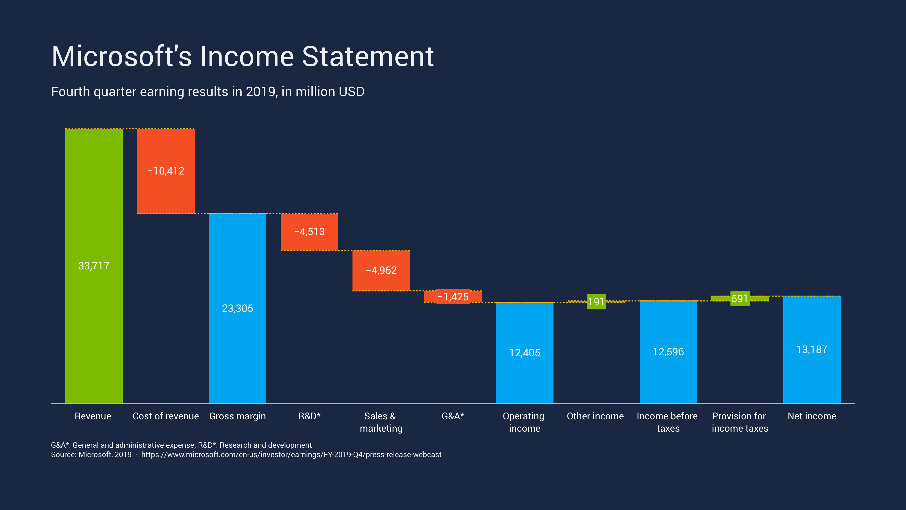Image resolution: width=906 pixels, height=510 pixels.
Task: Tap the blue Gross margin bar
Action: [237, 345]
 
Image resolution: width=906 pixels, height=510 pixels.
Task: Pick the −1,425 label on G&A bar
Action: [453, 297]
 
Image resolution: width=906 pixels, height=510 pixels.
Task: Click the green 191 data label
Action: [596, 302]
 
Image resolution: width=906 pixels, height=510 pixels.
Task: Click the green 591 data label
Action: [740, 298]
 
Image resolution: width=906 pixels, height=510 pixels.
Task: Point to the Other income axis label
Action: [595, 416]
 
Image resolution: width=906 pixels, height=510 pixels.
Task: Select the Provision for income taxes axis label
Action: [740, 422]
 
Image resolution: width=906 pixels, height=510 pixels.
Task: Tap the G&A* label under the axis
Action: [453, 416]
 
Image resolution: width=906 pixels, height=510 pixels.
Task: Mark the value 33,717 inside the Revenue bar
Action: [94, 266]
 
